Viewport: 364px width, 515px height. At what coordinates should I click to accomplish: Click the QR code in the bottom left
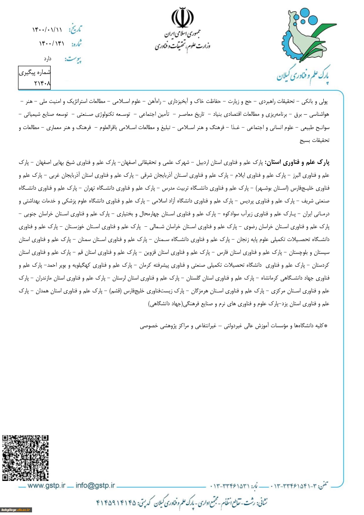coord(25,458)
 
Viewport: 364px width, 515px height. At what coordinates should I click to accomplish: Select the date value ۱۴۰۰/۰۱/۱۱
coord(47,30)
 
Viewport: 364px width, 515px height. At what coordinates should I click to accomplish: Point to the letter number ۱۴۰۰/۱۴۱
coord(51,44)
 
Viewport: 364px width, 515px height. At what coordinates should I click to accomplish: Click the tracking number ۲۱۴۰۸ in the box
coord(42,83)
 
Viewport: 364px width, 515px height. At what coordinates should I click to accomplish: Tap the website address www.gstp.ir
coord(46,486)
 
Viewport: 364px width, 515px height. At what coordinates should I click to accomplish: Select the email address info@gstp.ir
coord(95,486)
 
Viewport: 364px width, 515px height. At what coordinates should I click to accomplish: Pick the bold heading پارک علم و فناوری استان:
coord(297,162)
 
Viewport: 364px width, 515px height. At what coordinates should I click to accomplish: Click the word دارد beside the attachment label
coord(48,59)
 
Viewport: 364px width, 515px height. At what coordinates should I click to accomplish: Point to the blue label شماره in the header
coord(76,44)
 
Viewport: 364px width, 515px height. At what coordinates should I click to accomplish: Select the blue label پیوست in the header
coord(73,59)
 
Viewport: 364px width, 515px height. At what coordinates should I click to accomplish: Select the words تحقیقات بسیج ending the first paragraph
coord(314,141)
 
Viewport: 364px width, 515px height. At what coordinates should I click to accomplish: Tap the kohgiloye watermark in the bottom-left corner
coord(16,510)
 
